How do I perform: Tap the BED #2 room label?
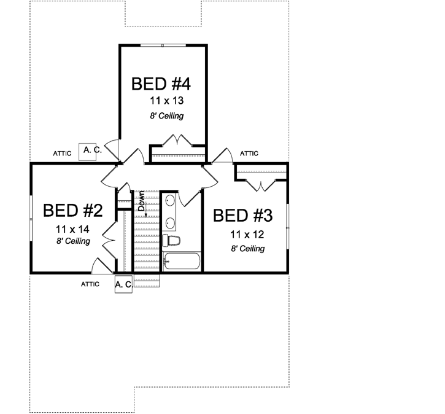coord(72,211)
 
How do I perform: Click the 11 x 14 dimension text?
coord(72,228)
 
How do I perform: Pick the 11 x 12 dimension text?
coord(248,234)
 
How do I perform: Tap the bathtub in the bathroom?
coord(182,262)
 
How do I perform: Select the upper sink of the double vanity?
coord(169,200)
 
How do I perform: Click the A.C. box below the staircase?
coord(123,284)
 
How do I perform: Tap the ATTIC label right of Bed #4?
coord(249,154)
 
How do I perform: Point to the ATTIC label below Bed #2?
coord(90,284)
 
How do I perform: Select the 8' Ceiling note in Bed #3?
coord(247,249)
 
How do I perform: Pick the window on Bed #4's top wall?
coord(163,45)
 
